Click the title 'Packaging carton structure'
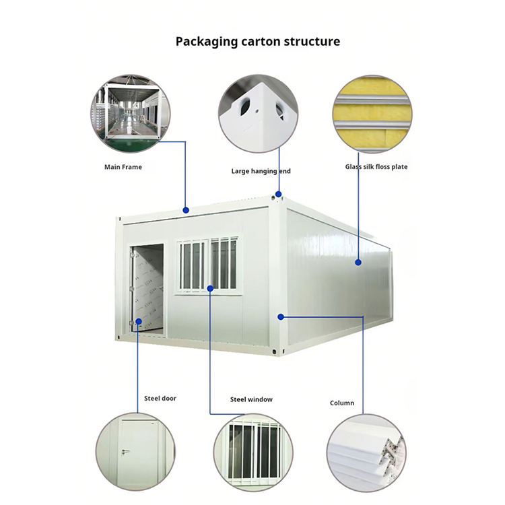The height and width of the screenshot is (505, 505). tap(258, 42)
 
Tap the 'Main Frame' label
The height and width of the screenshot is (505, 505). tap(123, 167)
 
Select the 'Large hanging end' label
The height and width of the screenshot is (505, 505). tap(261, 172)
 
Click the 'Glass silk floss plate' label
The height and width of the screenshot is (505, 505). tap(376, 167)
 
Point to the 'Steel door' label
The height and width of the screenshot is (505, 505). tap(160, 399)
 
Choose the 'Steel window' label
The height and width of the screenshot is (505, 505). tap(251, 399)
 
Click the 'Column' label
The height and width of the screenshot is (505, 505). tap(341, 403)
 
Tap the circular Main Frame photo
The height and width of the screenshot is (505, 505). tap(129, 113)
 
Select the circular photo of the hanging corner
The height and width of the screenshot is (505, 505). tap(258, 113)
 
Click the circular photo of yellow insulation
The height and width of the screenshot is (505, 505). tap(372, 113)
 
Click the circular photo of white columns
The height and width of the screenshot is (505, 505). tap(366, 451)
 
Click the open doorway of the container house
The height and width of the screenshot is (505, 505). tap(148, 288)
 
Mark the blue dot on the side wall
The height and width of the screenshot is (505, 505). tap(358, 262)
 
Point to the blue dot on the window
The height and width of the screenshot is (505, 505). tap(210, 288)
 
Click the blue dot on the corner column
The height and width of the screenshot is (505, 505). tap(280, 316)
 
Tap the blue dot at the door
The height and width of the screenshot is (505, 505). tap(139, 322)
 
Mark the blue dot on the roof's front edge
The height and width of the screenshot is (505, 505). tap(187, 211)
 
